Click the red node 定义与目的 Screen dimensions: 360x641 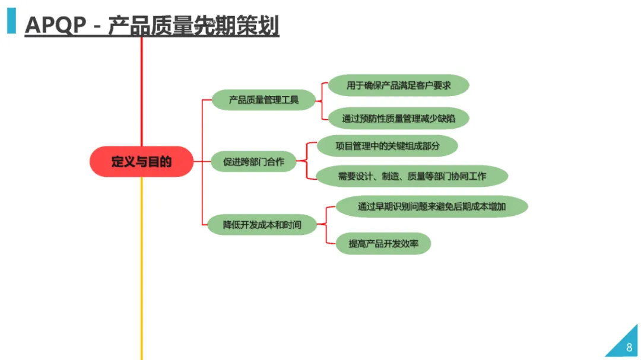coord(141,161)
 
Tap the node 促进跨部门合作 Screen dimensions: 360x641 coord(253,161)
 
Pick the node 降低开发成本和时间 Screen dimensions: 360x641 coord(262,225)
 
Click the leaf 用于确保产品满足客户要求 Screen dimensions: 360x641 coord(398,85)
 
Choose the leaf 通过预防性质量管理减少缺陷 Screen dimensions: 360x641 coord(398,118)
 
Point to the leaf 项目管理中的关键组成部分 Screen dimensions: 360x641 coord(388,145)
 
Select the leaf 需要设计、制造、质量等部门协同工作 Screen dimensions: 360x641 coord(412,176)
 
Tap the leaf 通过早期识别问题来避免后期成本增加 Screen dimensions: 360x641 coord(432,206)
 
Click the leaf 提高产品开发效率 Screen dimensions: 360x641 coord(383,243)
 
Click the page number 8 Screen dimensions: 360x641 coord(629,348)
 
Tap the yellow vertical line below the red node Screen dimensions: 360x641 coord(141,267)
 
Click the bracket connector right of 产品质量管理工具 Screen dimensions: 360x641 coord(322,101)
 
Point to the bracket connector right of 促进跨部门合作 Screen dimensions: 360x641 coord(306,161)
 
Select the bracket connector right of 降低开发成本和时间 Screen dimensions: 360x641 coord(326,224)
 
